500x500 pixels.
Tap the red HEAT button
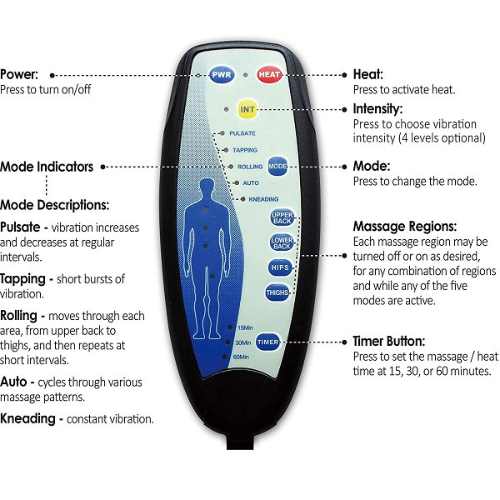[x=269, y=75]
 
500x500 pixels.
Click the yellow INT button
[x=247, y=109]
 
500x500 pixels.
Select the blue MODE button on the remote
[x=277, y=166]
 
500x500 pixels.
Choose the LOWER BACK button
[x=282, y=242]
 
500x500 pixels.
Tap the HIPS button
[x=280, y=267]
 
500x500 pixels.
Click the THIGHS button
[x=277, y=292]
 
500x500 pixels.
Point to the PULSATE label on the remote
[x=242, y=133]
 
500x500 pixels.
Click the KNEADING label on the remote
[x=263, y=199]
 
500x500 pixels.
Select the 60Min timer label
[x=241, y=357]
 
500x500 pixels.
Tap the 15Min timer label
[x=245, y=327]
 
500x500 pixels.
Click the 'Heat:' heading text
[x=368, y=75]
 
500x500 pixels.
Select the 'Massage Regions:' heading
[x=405, y=227]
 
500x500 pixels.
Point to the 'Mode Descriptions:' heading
[x=54, y=205]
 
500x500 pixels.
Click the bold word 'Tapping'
[x=22, y=280]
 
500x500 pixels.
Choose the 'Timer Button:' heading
[x=389, y=342]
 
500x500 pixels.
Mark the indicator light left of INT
[x=226, y=109]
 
